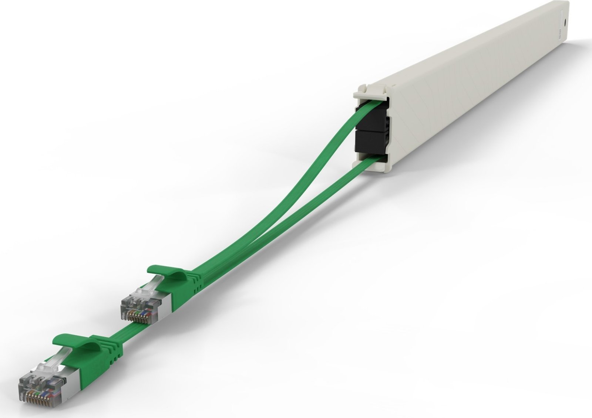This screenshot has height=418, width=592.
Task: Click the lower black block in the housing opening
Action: [365, 141]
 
